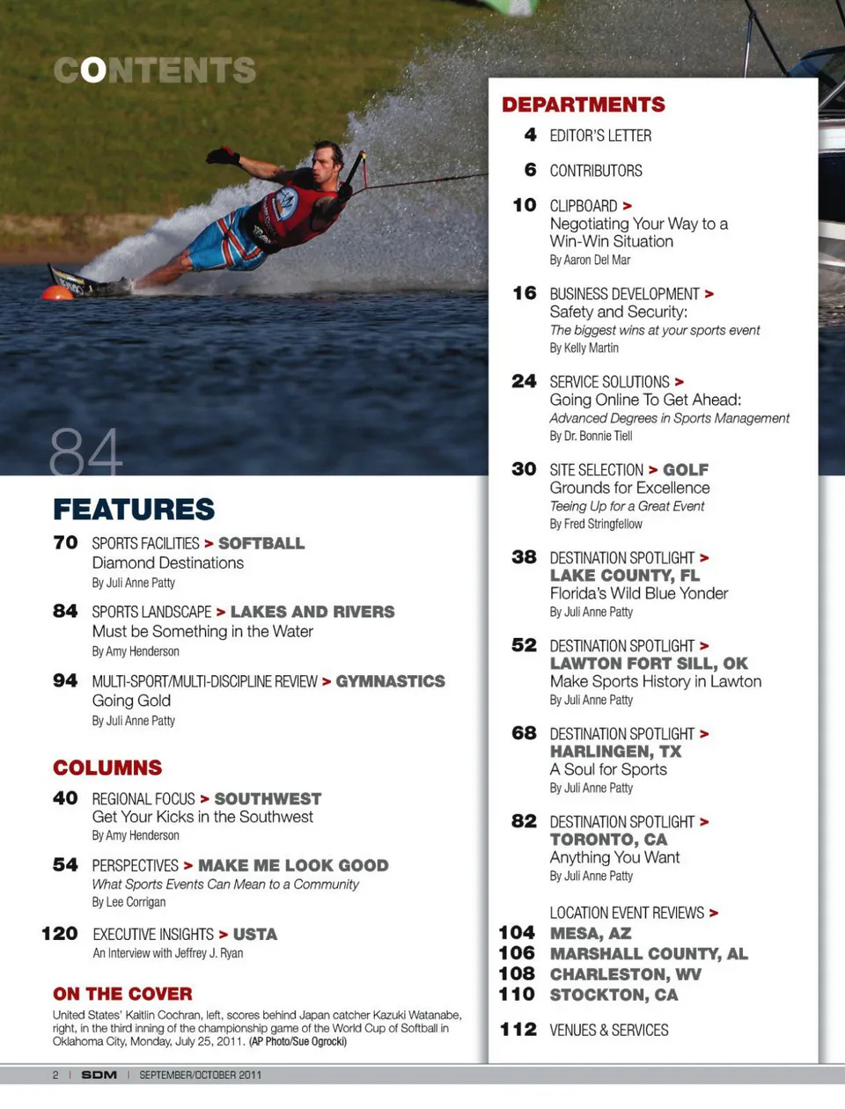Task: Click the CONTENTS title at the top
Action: [x=155, y=70]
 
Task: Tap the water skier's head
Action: [x=328, y=158]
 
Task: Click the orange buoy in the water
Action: [x=58, y=293]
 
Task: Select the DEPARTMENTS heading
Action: [x=583, y=105]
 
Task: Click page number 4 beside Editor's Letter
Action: [x=530, y=135]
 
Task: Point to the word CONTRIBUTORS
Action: [x=596, y=171]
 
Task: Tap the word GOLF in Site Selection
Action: [x=686, y=470]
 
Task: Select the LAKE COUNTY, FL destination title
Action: [x=624, y=576]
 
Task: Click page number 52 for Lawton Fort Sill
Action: [x=524, y=645]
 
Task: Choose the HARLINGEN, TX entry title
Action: [x=615, y=752]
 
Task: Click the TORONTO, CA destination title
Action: [x=608, y=840]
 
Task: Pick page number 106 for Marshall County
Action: [x=517, y=953]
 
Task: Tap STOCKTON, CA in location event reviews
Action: [x=614, y=995]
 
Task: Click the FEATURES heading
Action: [x=134, y=510]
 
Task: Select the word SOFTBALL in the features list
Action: [x=261, y=544]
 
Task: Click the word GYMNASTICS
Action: [x=390, y=681]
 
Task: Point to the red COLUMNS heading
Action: [x=107, y=767]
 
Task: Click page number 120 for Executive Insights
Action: [x=60, y=934]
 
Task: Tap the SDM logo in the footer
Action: [x=99, y=1075]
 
